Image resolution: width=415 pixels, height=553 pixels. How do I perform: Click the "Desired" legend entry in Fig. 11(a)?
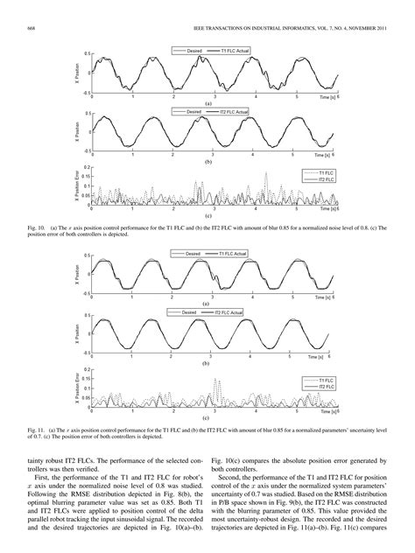[x=193, y=253]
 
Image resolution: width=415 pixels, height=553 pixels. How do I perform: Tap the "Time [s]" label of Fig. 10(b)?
[x=325, y=155]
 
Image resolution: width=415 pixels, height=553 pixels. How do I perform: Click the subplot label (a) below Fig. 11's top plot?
[x=207, y=304]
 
